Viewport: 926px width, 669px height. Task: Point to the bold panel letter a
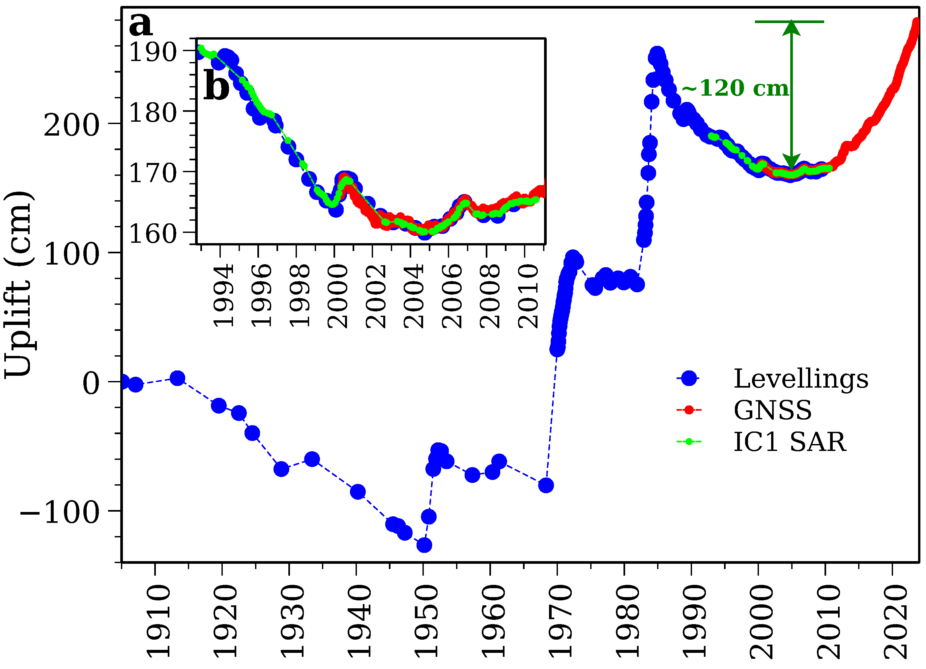click(140, 24)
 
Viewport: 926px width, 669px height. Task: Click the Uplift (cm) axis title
click(18, 284)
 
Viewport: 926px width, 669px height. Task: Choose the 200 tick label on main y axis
click(72, 125)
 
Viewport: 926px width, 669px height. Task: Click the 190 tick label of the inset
click(153, 52)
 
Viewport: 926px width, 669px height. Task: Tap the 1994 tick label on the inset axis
click(224, 295)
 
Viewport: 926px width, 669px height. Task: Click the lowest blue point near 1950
click(424, 545)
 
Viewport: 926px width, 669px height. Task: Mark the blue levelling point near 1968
click(546, 486)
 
